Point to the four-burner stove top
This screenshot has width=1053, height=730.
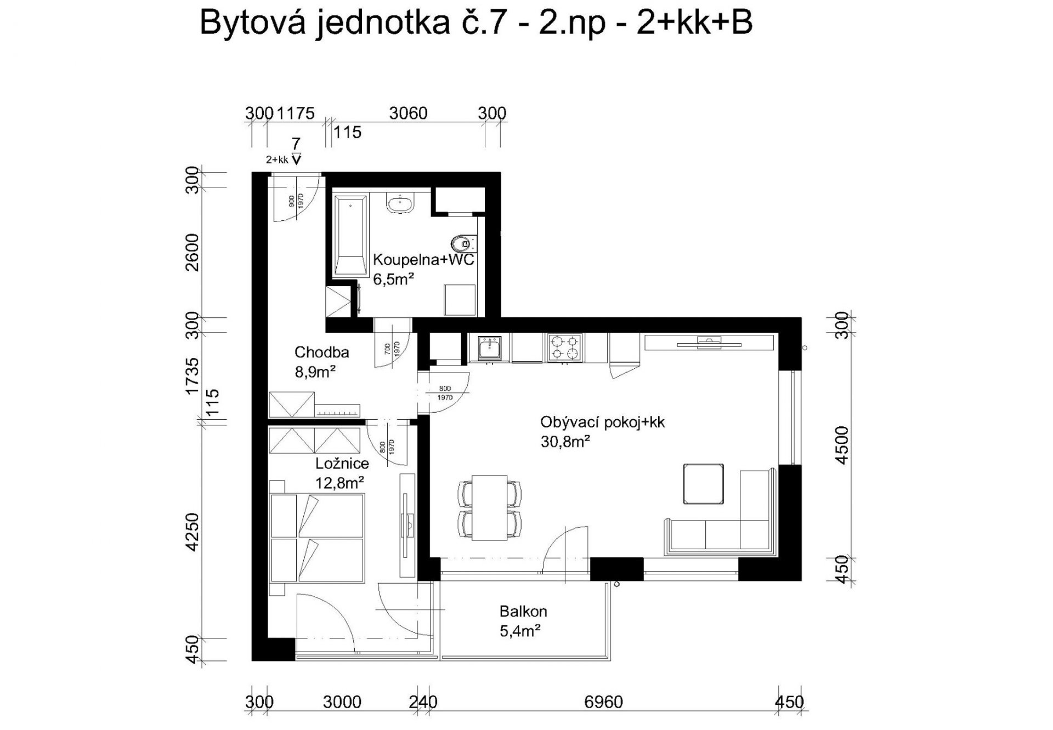point(564,348)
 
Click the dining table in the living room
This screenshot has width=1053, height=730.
point(489,507)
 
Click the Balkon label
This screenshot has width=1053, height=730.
point(523,611)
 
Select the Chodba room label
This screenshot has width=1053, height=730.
point(321,352)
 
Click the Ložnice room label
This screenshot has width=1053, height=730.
point(342,464)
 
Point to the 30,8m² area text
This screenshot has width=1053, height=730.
point(565,442)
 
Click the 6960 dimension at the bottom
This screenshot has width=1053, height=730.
point(604,702)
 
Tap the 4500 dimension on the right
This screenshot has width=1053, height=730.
point(841,446)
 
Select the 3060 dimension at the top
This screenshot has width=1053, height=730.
point(408,113)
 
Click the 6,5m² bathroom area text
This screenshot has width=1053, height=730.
point(393,279)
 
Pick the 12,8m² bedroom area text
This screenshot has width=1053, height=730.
point(340,483)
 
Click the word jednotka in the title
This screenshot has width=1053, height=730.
point(382,24)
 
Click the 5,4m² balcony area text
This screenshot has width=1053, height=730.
point(520,631)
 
